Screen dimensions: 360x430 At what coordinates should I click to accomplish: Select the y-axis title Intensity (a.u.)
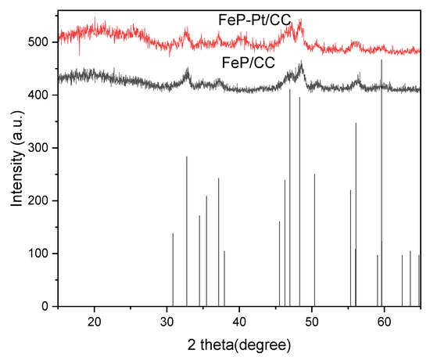16,156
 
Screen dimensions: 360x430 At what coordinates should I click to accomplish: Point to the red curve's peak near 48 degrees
300,23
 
